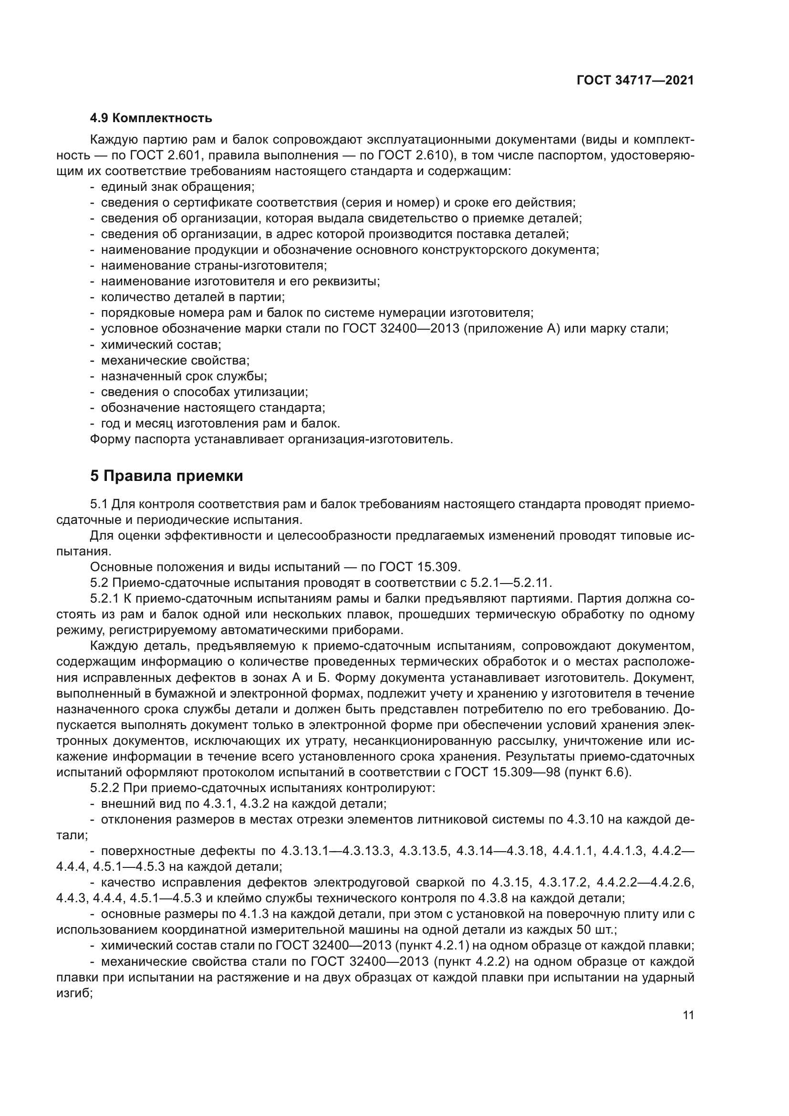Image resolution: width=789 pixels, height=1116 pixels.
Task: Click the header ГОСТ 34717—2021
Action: pyautogui.click(x=635, y=81)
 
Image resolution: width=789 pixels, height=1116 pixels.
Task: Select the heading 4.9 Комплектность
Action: pyautogui.click(x=151, y=118)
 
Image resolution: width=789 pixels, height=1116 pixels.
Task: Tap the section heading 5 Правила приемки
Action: pyautogui.click(x=166, y=476)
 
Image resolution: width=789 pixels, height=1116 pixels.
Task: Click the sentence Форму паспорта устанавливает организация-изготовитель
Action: pyautogui.click(x=271, y=439)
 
